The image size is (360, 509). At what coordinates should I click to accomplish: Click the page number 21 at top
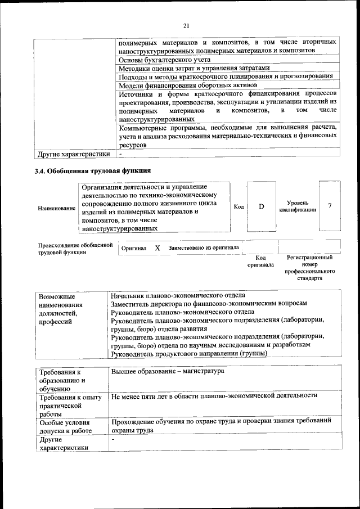pyautogui.click(x=187, y=25)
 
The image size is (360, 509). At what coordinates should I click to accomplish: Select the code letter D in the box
pyautogui.click(x=261, y=206)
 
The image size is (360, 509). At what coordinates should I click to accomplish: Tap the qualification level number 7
pyautogui.click(x=330, y=206)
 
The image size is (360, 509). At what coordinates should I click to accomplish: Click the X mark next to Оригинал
pyautogui.click(x=157, y=247)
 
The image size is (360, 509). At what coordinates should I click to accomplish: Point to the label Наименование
pyautogui.click(x=56, y=208)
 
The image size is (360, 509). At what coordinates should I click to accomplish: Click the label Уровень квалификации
pyautogui.click(x=297, y=206)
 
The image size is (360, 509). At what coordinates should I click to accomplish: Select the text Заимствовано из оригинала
pyautogui.click(x=204, y=247)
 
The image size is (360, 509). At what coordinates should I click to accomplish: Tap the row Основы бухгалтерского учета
pyautogui.click(x=164, y=59)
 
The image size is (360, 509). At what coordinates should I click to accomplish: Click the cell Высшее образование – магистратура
pyautogui.click(x=168, y=371)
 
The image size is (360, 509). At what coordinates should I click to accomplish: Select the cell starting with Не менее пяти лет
pyautogui.click(x=214, y=395)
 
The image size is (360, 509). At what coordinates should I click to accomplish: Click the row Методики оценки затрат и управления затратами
pyautogui.click(x=190, y=67)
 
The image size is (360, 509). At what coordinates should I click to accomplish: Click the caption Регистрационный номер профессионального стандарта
pyautogui.click(x=309, y=268)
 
